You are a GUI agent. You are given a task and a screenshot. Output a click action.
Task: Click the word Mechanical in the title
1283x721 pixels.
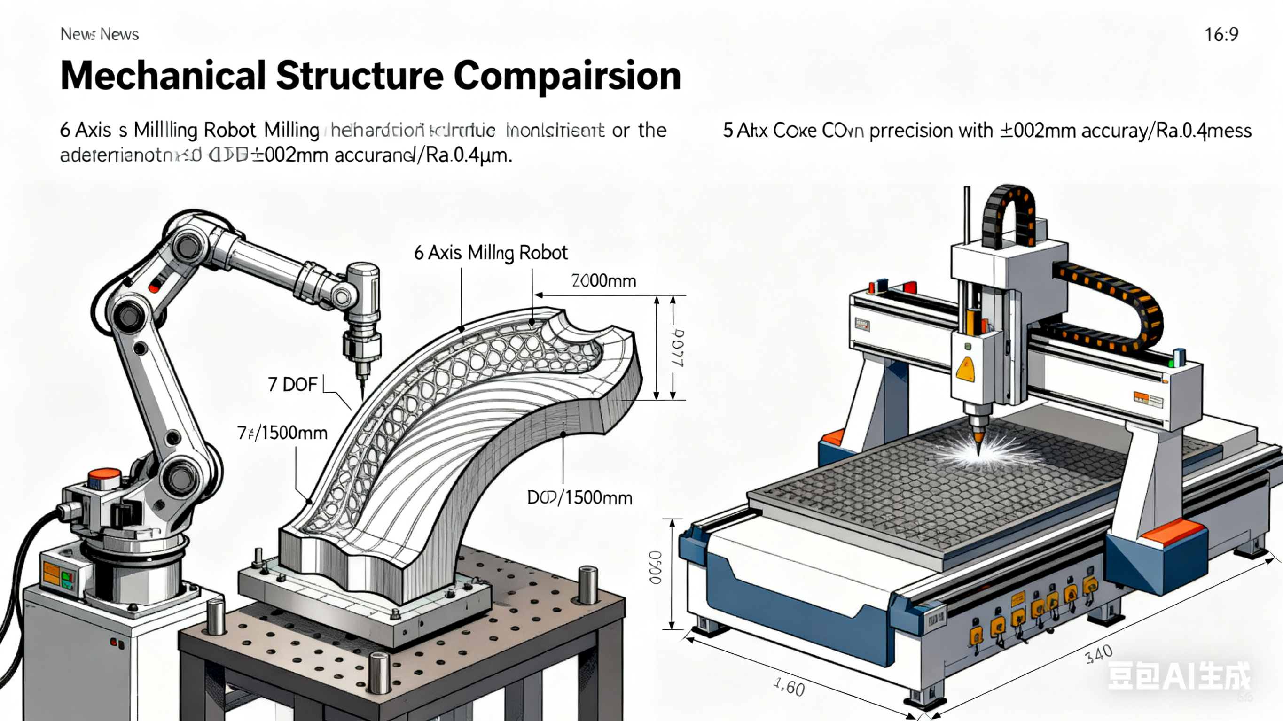pyautogui.click(x=162, y=76)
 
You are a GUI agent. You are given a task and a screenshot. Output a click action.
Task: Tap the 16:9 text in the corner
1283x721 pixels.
pyautogui.click(x=1221, y=35)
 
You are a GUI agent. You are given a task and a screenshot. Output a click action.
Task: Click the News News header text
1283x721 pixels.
pyautogui.click(x=99, y=34)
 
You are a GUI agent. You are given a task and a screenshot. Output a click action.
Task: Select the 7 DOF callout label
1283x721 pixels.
pyautogui.click(x=292, y=384)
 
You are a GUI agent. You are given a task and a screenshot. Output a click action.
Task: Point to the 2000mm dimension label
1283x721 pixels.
pyautogui.click(x=603, y=281)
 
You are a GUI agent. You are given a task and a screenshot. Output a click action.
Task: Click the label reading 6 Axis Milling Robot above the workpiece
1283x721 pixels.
pyautogui.click(x=491, y=253)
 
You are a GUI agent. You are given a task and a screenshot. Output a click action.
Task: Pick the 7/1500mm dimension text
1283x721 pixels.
pyautogui.click(x=282, y=433)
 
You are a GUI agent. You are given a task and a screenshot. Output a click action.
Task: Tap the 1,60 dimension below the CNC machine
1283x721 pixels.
pyautogui.click(x=789, y=688)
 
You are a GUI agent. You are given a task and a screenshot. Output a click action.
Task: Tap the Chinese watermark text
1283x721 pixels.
pyautogui.click(x=1178, y=676)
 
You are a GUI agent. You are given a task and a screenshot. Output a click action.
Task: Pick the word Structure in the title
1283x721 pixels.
pyautogui.click(x=359, y=76)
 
